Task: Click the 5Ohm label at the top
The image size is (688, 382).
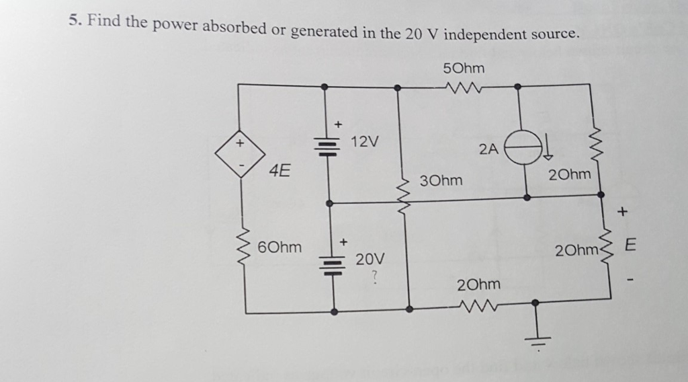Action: (464, 69)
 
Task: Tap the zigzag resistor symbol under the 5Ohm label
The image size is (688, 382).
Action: (464, 87)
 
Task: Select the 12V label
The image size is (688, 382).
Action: (365, 141)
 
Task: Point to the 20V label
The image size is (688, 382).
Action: (370, 258)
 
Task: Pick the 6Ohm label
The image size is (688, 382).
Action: (279, 247)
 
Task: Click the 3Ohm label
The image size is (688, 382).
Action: (440, 180)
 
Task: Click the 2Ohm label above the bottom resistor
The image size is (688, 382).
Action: (478, 285)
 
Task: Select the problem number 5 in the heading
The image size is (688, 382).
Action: (73, 20)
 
